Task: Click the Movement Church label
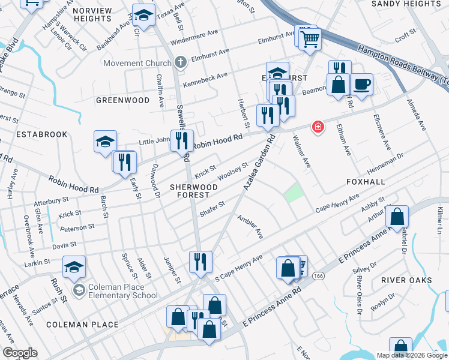pos(137,63)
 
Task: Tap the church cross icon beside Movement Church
pos(180,62)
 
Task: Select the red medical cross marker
pos(317,127)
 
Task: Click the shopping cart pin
pos(310,39)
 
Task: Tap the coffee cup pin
pos(361,85)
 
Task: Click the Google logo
pos(20,353)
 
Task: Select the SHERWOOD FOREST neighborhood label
pos(193,191)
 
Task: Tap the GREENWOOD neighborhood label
pos(122,100)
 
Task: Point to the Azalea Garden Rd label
pos(259,162)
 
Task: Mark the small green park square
pos(292,193)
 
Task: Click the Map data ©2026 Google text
pos(411,355)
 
